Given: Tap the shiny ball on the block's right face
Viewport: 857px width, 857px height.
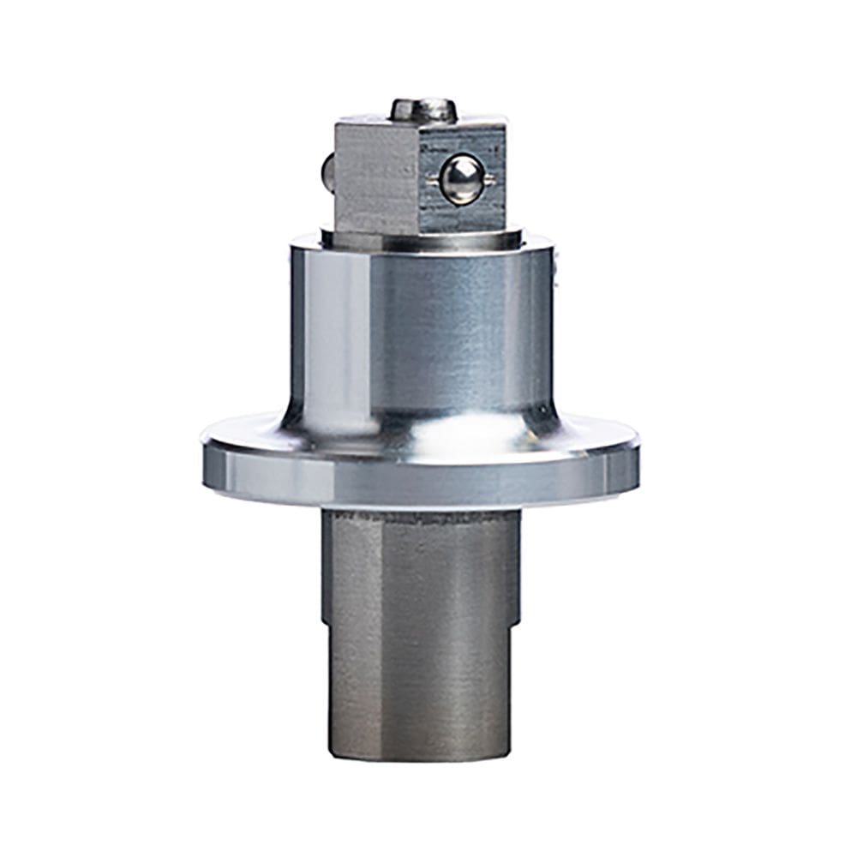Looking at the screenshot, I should tap(461, 179).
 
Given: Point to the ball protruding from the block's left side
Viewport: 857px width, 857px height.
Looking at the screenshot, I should tap(327, 171).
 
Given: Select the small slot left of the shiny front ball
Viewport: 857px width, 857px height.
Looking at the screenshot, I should tap(428, 178).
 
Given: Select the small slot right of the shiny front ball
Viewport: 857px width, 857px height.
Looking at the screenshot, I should tap(490, 178).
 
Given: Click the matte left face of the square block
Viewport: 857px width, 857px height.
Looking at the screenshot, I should tap(375, 176).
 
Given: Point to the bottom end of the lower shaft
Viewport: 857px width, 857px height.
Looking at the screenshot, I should tap(420, 754).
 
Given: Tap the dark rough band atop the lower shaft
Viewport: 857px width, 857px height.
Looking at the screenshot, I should tap(420, 519).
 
